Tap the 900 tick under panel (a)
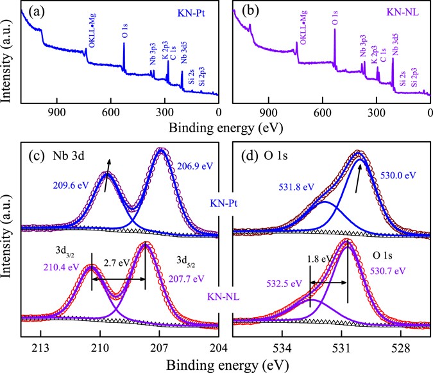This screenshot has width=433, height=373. (58, 109)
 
